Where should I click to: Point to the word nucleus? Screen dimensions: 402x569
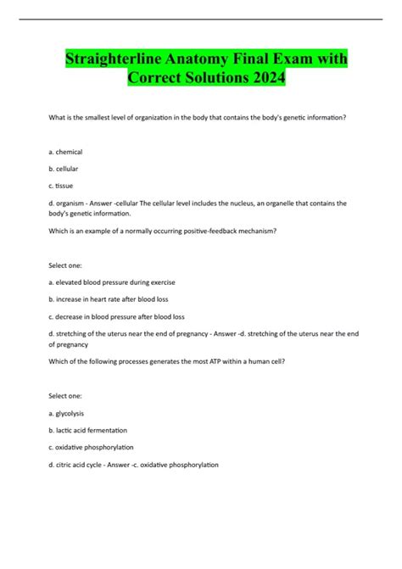[x=258, y=204]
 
